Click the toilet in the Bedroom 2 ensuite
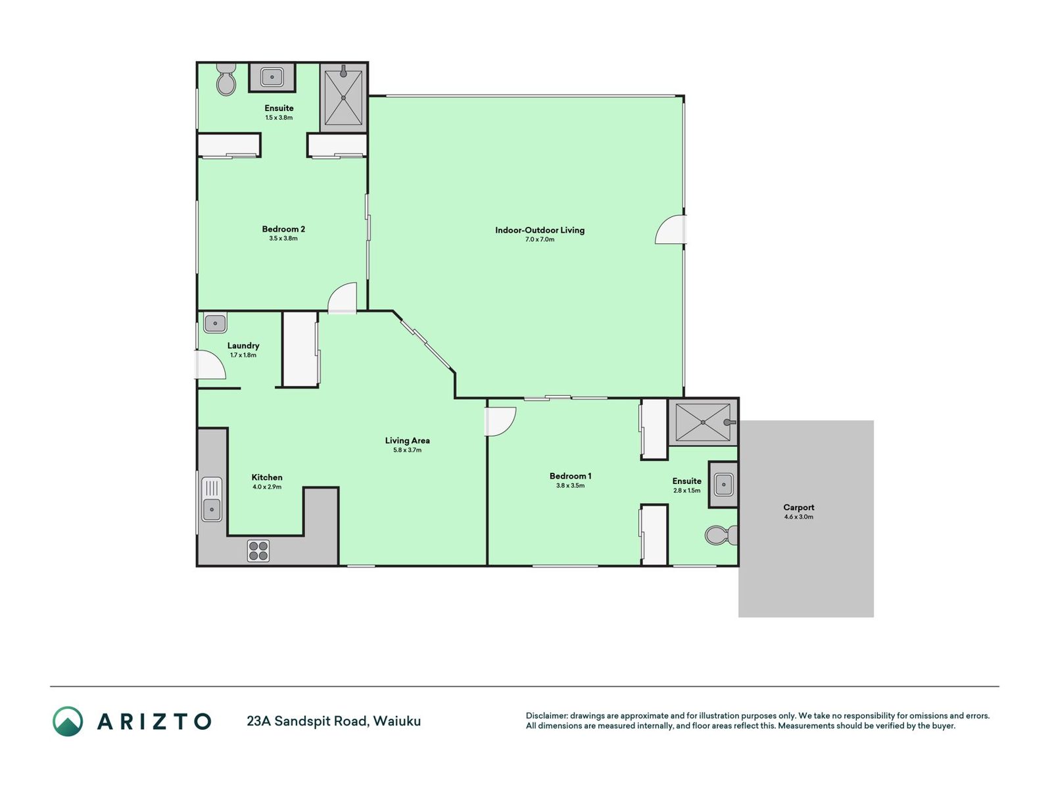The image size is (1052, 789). click(x=226, y=80)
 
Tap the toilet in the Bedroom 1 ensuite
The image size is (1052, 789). click(x=721, y=535)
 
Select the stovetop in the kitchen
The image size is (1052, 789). click(x=258, y=550)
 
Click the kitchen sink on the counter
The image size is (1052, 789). click(x=211, y=499)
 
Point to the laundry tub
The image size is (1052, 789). click(x=215, y=323)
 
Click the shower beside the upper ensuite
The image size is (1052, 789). click(x=343, y=97)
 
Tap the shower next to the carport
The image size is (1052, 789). click(x=703, y=422)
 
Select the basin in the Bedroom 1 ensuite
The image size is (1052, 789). click(x=723, y=485)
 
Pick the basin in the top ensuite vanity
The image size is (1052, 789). click(x=272, y=77)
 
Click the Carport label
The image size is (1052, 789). click(x=798, y=508)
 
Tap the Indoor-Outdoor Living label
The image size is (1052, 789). click(x=540, y=230)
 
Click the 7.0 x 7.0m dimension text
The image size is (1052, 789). click(x=540, y=239)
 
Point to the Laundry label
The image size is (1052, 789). click(x=243, y=345)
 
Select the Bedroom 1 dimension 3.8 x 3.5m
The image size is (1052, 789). click(x=570, y=485)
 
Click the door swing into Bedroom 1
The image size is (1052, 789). click(x=500, y=421)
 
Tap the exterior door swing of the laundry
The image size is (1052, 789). click(x=210, y=365)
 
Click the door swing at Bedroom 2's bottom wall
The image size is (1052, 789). click(x=342, y=298)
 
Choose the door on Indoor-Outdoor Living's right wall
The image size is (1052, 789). click(x=671, y=230)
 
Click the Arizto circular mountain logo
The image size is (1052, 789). click(x=68, y=721)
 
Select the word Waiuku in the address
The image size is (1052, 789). click(x=397, y=721)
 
